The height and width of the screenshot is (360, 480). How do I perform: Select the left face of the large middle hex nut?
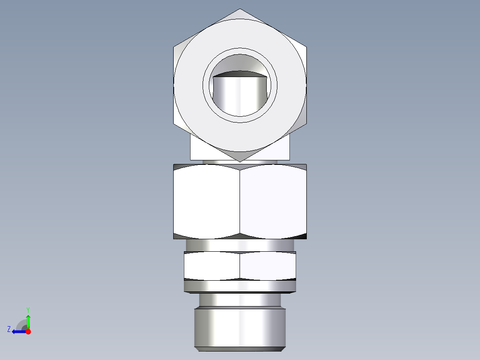207,201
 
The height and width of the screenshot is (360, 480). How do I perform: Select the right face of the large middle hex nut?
273,201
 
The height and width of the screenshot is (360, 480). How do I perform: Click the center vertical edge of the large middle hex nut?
240,201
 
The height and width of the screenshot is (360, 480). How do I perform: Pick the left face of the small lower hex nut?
212,266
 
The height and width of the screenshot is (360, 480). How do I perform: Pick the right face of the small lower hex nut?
268,266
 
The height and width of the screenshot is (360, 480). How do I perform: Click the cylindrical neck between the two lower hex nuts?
240,245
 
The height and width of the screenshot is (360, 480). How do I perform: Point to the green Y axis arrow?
28,320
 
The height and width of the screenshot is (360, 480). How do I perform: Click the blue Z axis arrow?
18,331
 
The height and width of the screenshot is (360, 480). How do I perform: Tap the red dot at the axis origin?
28,331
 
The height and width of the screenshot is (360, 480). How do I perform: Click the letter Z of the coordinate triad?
9,329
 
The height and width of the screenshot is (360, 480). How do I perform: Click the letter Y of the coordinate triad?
28,309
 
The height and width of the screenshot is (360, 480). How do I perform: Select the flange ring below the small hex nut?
240,286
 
